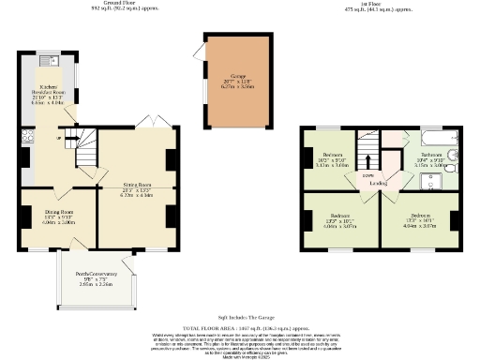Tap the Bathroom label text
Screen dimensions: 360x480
[x=430, y=158]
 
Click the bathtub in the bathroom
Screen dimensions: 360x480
[x=434, y=140]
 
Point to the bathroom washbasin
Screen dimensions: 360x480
[x=453, y=157]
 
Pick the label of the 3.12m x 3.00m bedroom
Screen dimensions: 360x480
[x=334, y=158]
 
